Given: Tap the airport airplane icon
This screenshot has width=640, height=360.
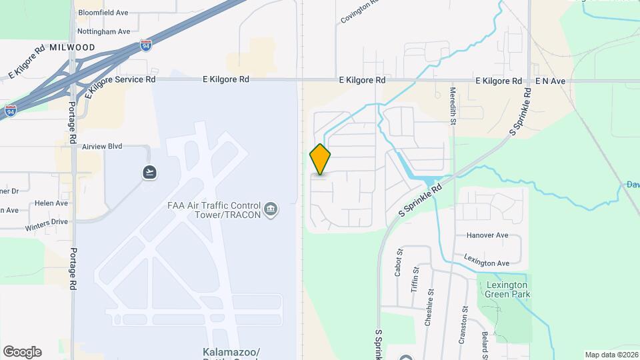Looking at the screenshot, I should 150,173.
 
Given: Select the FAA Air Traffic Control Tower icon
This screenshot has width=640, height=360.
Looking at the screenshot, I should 271,210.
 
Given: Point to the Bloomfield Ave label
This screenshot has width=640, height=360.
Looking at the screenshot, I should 103,13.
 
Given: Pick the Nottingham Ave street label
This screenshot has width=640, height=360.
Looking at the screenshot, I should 103,31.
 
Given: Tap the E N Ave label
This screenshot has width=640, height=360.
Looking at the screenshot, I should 550,81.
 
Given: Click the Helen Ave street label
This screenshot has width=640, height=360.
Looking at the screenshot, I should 51,203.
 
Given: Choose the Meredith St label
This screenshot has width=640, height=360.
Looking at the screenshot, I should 452,106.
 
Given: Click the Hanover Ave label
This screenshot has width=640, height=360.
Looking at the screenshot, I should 487,235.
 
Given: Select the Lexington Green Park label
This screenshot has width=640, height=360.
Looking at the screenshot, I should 503,289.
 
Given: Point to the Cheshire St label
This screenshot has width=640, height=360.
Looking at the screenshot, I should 431,301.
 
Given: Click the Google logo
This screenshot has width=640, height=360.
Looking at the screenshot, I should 22,352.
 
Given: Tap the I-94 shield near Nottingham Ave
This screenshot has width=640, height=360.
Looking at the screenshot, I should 146,45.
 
